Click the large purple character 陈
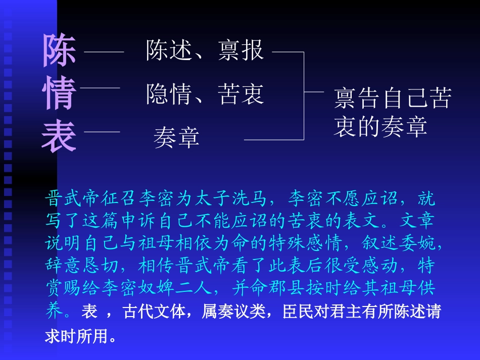click(60, 51)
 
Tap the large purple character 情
click(60, 93)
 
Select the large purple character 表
click(59, 136)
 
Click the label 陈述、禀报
click(205, 50)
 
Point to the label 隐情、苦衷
click(205, 94)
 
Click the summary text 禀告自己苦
click(392, 98)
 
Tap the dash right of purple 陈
click(104, 52)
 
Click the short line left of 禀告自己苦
click(314, 92)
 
